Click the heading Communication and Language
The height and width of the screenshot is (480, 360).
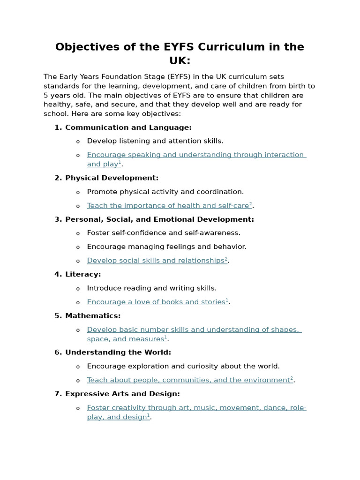[128, 127]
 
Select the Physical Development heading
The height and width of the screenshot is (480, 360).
[112, 178]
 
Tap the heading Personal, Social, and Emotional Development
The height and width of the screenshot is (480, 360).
[159, 219]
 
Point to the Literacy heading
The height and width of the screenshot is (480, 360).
[83, 274]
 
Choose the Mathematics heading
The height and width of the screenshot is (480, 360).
[93, 316]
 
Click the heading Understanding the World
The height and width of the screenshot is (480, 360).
[118, 352]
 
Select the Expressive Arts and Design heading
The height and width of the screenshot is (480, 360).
[122, 394]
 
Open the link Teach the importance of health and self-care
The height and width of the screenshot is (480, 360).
[168, 206]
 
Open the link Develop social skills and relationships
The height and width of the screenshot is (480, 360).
[156, 261]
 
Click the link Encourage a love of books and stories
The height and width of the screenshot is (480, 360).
[156, 302]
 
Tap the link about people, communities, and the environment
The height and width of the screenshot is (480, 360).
[188, 380]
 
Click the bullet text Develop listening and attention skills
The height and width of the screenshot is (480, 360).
[155, 141]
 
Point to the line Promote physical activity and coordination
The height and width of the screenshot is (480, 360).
[165, 192]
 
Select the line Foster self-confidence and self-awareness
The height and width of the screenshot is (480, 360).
[164, 233]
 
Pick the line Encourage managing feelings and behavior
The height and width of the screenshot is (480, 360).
[166, 247]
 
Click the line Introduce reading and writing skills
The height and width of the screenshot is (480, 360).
[151, 288]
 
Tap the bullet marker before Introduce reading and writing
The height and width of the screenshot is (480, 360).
[78, 289]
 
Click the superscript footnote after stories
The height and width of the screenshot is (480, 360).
[227, 300]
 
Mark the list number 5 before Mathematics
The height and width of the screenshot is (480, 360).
[58, 316]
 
